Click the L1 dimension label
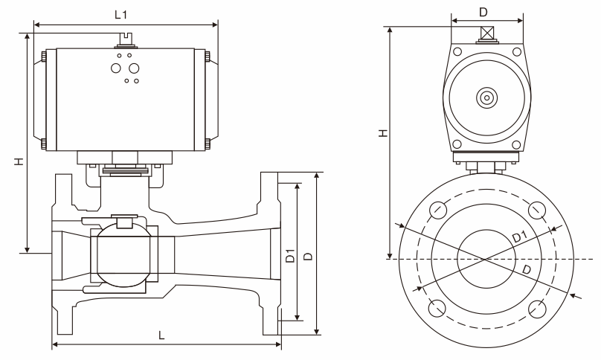click(120, 15)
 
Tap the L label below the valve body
click(161, 335)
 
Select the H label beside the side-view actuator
click(19, 161)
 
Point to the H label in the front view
click(383, 133)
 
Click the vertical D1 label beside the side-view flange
click(291, 256)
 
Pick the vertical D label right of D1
click(308, 257)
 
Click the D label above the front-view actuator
click(483, 13)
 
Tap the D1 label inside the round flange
click(520, 237)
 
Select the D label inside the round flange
click(527, 269)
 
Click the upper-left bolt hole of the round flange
click(437, 210)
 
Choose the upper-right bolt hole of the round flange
click(536, 210)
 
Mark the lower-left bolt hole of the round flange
click(437, 308)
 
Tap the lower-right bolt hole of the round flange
click(536, 308)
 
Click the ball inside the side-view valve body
click(123, 255)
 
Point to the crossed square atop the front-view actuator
click(486, 33)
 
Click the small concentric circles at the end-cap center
click(486, 97)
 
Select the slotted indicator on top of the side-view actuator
click(126, 40)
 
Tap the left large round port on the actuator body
click(116, 68)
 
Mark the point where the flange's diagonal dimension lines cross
click(485, 259)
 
